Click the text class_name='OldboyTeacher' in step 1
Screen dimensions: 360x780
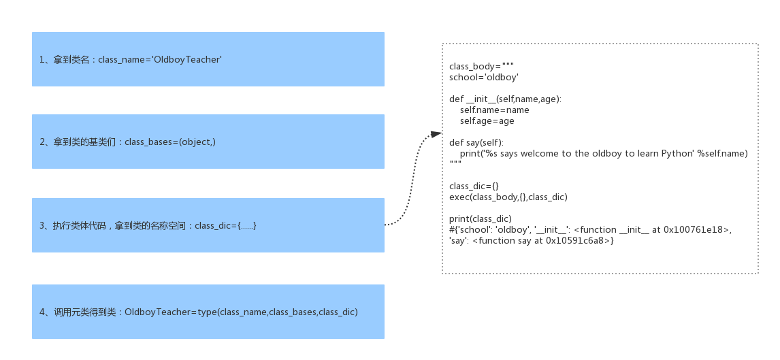click(160, 60)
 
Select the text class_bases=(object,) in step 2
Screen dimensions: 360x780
click(170, 142)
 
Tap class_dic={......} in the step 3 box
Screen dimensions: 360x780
click(225, 225)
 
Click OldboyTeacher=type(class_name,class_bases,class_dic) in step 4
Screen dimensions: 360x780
click(242, 312)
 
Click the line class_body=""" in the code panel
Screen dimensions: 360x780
click(481, 67)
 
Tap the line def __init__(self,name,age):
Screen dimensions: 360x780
click(505, 99)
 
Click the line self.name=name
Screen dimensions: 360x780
click(494, 110)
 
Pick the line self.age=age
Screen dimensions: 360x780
click(487, 121)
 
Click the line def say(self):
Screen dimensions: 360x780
click(476, 143)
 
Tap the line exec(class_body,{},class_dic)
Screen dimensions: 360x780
click(508, 197)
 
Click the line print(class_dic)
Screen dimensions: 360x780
click(480, 219)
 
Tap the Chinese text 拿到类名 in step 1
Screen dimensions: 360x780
click(71, 60)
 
